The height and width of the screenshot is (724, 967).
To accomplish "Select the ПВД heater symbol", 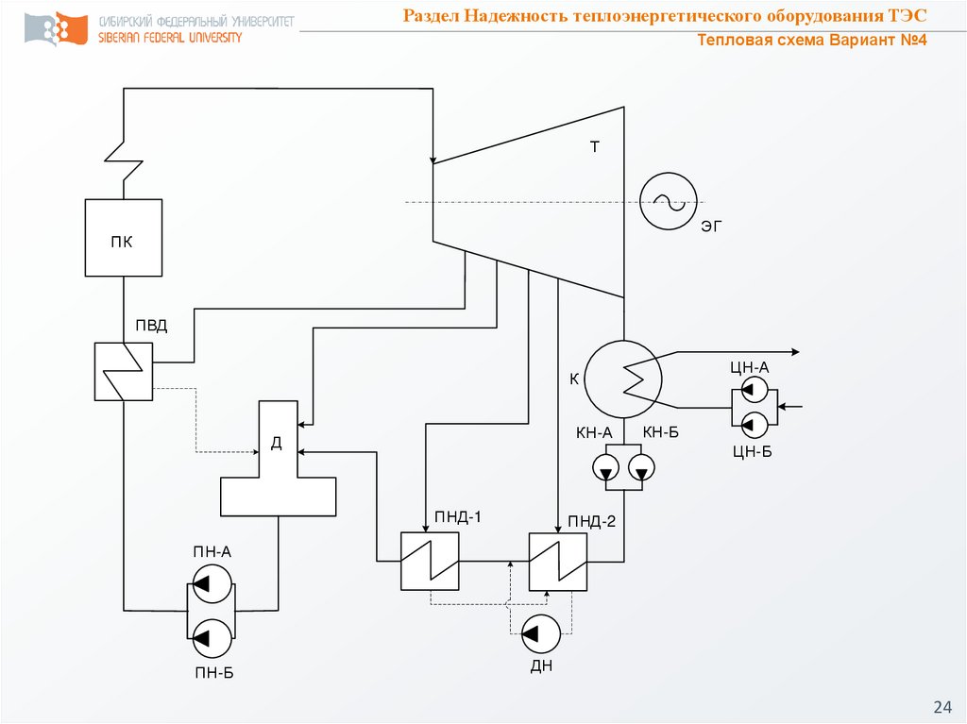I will [123, 371].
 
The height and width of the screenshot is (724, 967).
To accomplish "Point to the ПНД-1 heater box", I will [430, 561].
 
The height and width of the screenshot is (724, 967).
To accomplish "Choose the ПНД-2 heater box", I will [558, 561].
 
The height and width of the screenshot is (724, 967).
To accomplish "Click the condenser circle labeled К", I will [623, 379].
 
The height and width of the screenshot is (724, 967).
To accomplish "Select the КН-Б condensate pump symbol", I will [642, 467].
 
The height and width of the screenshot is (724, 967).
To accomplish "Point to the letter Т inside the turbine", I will [595, 147].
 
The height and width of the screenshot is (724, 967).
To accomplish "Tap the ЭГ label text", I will [711, 227].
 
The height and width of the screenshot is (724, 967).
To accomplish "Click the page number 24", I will [942, 706].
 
